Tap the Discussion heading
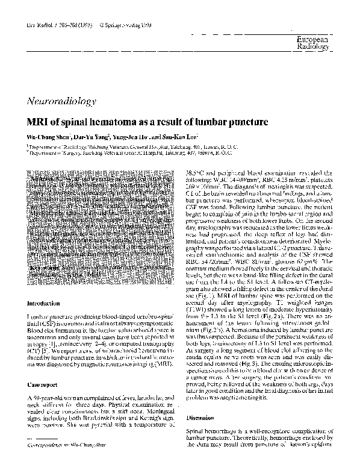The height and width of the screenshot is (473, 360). [200, 417]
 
